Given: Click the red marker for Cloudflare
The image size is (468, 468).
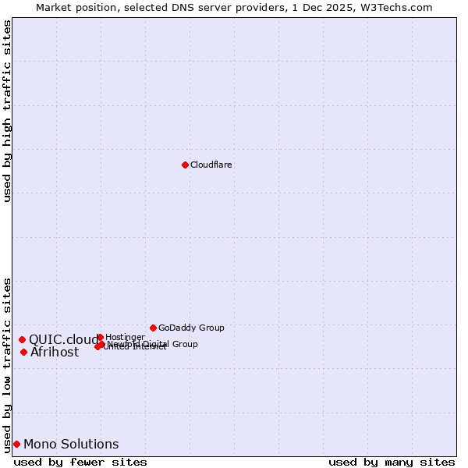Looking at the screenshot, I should [x=185, y=165].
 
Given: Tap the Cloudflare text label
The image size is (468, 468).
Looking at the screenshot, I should [x=211, y=165].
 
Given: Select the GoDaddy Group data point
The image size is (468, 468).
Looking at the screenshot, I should [x=153, y=328].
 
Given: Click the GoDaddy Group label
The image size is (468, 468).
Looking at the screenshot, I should [x=191, y=328].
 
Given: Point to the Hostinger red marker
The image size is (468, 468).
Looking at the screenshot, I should [x=100, y=337].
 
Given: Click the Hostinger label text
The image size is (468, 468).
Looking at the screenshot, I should [x=125, y=337].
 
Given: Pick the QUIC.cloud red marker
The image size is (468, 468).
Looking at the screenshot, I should [x=22, y=339].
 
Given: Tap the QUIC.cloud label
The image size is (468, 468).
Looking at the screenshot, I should [x=64, y=339].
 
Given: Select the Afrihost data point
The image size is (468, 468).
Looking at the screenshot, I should [x=23, y=352].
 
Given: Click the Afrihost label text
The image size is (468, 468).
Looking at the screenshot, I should [x=55, y=352].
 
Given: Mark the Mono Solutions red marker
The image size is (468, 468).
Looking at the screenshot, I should [x=16, y=444].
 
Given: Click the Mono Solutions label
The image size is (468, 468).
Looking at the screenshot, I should [x=71, y=444].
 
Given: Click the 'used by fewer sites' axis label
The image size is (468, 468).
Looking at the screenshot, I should [x=80, y=462].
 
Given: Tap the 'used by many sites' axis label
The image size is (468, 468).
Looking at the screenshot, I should [x=392, y=462].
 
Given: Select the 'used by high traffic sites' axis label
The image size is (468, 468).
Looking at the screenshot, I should [x=8, y=111].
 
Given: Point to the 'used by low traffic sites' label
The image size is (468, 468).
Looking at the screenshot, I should [x=8, y=364].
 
